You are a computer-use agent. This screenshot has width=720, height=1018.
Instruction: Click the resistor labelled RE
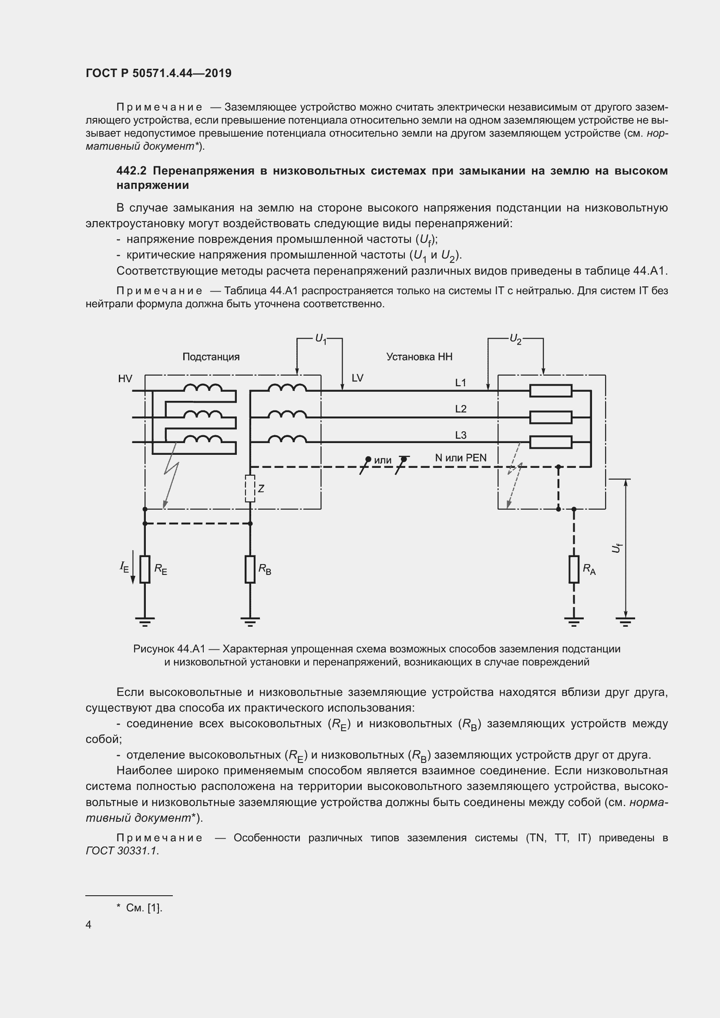(x=145, y=569)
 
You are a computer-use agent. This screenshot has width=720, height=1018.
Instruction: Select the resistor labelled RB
(x=250, y=569)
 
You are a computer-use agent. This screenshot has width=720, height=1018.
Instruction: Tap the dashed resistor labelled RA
(x=574, y=569)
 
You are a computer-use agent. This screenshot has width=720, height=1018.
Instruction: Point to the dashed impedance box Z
(x=250, y=489)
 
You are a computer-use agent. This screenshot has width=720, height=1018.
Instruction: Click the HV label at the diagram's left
(x=125, y=378)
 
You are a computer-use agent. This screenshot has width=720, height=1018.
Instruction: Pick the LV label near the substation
(x=357, y=378)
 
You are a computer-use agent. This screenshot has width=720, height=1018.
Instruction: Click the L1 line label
(x=461, y=383)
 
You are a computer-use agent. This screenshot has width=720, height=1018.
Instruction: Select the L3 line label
(x=461, y=435)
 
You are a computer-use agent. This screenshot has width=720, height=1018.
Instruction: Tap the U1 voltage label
(x=320, y=339)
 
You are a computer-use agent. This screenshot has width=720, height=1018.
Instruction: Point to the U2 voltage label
(x=515, y=339)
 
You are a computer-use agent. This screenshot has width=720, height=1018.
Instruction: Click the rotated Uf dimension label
(x=617, y=548)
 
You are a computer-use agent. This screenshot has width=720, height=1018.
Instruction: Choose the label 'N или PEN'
(x=461, y=457)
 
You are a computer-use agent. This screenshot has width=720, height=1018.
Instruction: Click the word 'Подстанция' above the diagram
(x=211, y=357)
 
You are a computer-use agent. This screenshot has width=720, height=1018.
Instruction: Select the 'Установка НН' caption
(x=419, y=357)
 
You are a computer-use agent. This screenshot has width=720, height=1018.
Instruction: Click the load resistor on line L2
(x=551, y=417)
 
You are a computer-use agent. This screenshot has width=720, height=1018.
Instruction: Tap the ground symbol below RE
(x=145, y=621)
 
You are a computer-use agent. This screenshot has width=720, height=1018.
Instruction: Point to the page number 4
(x=89, y=924)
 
